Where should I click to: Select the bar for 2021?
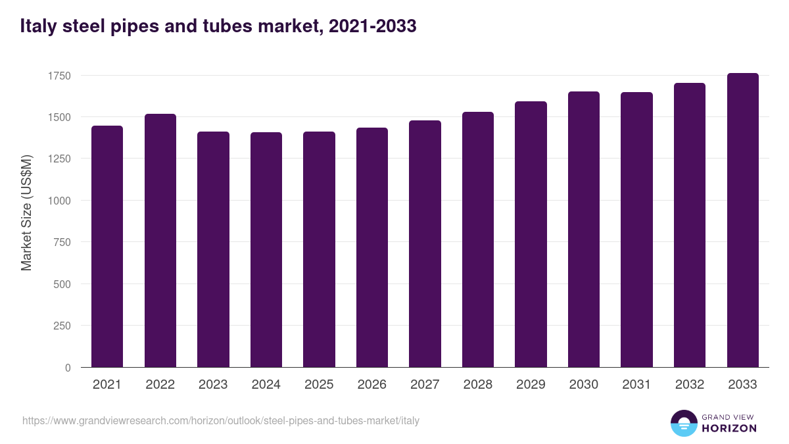(x=107, y=247)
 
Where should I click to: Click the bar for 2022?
(x=160, y=241)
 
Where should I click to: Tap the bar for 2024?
(x=266, y=250)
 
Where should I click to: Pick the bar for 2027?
(x=425, y=244)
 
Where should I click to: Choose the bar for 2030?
(x=584, y=230)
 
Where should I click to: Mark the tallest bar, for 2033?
(x=742, y=220)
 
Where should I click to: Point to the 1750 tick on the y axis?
(x=59, y=76)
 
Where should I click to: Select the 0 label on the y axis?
(x=68, y=368)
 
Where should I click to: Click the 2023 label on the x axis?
(x=213, y=385)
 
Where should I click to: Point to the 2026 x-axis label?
(x=372, y=385)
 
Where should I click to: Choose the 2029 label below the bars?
(x=531, y=385)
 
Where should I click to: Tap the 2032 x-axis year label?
(x=690, y=385)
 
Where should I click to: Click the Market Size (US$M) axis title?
(x=26, y=212)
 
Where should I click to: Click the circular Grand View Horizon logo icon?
(x=684, y=423)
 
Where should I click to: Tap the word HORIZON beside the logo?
(x=729, y=428)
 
